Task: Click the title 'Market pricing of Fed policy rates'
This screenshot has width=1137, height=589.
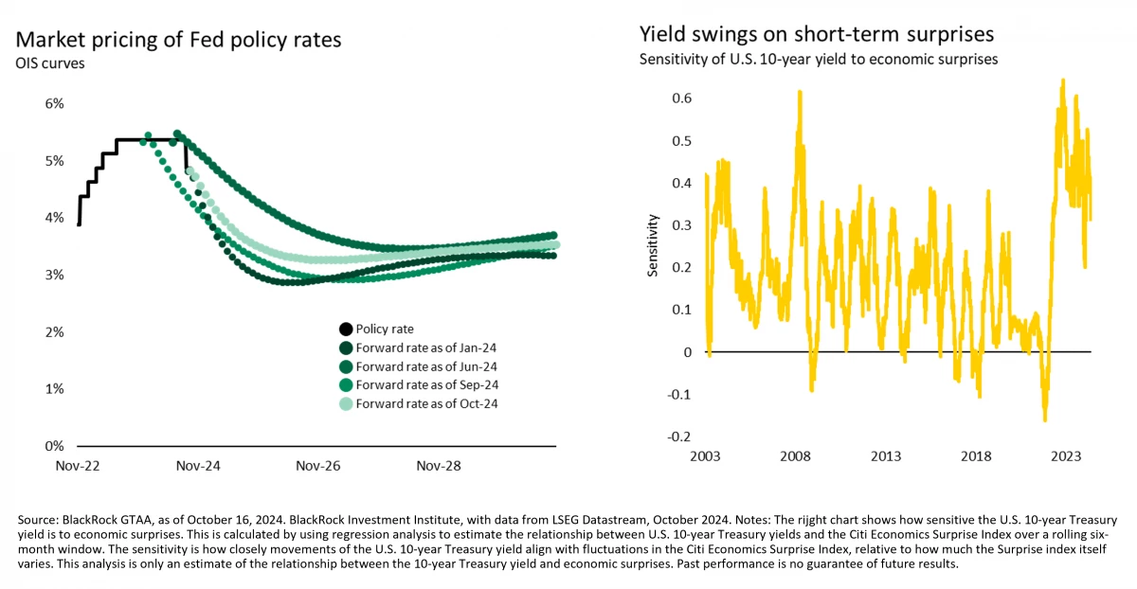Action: pos(178,41)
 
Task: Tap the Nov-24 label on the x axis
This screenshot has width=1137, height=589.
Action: pos(199,466)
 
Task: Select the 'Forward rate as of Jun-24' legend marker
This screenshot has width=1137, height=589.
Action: pos(346,366)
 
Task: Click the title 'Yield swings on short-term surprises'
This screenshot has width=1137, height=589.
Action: pos(816,35)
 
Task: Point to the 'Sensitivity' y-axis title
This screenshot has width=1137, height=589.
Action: pos(653,245)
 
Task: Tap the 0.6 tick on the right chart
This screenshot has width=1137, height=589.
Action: pos(681,98)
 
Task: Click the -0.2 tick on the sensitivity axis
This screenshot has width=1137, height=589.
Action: pos(677,437)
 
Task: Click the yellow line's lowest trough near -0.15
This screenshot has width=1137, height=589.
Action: pos(1045,419)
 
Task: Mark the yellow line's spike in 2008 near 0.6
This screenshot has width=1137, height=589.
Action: pos(801,92)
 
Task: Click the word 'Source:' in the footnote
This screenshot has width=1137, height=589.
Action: pos(39,521)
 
